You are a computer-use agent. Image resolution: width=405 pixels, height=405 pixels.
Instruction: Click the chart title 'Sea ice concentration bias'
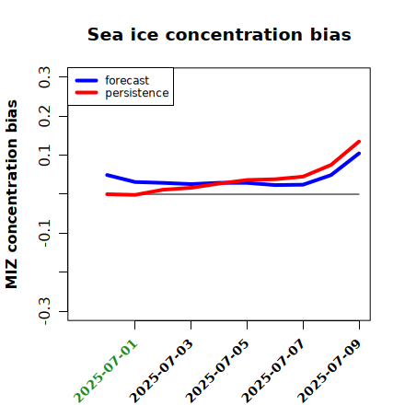(x=219, y=34)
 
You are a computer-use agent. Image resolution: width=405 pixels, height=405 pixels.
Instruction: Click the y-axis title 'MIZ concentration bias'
(x=12, y=194)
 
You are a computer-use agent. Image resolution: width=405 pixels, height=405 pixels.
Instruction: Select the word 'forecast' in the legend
(x=127, y=80)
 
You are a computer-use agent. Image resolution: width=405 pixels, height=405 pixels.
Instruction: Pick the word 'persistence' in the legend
(x=137, y=93)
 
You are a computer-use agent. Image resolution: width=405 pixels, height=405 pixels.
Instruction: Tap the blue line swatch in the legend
(x=87, y=80)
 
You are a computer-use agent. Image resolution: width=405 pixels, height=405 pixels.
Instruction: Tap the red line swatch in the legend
(x=87, y=93)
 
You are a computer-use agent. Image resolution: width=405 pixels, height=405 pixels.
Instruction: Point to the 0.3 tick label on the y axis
(x=44, y=77)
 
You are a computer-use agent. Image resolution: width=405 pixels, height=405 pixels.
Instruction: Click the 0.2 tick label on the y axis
(x=44, y=116)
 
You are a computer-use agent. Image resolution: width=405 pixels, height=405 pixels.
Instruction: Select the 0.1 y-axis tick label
(x=44, y=156)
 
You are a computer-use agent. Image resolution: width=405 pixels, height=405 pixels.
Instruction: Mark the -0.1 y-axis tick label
(x=44, y=234)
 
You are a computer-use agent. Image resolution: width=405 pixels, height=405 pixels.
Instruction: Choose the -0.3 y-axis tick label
(x=44, y=312)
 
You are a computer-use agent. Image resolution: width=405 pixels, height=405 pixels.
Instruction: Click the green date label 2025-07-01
(x=105, y=371)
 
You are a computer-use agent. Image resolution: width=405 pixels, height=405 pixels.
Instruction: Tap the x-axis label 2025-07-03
(x=161, y=371)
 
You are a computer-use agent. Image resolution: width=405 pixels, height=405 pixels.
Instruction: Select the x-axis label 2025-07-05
(x=217, y=371)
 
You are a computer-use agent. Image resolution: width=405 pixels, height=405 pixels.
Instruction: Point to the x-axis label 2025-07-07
(x=273, y=371)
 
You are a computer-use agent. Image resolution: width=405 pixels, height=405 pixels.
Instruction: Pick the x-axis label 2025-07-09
(x=330, y=371)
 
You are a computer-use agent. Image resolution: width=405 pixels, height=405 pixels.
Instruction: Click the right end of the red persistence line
(x=359, y=142)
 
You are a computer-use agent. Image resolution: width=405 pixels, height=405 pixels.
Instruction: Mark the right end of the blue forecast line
(x=359, y=154)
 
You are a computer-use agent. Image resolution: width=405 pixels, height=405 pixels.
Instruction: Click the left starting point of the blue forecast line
(x=107, y=175)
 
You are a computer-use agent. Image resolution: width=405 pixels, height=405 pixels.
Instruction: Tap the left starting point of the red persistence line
(x=107, y=194)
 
